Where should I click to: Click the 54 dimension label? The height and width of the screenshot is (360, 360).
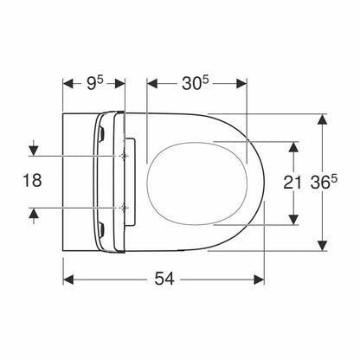pos(164,279)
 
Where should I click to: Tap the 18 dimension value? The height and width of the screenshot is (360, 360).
pos(32,181)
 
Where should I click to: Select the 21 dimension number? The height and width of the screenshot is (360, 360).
pos(292,183)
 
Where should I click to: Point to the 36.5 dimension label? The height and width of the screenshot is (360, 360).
pos(324,183)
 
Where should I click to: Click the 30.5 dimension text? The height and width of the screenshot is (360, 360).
pos(196,83)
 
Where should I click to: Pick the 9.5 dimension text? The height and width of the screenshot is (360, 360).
pos(94,83)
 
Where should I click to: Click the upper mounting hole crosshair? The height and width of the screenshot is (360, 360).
pos(124,156)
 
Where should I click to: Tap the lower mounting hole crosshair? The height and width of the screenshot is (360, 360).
pos(124,208)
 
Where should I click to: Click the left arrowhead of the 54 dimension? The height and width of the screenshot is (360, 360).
pos(68,280)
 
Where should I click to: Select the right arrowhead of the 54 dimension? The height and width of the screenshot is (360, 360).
pos(259,280)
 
